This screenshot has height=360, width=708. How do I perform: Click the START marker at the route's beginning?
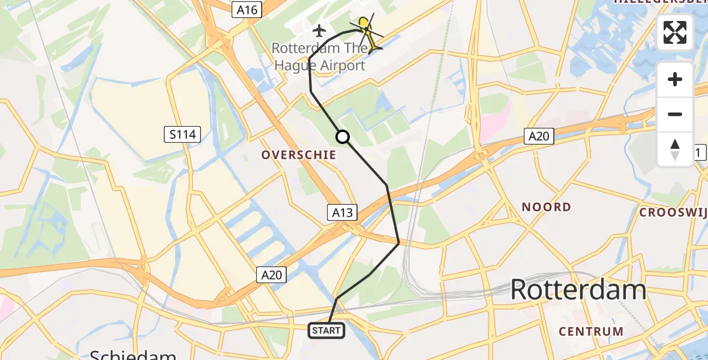tap(326, 330)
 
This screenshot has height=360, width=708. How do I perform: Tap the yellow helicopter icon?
tap(367, 33)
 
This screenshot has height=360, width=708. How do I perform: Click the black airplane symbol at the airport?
tap(319, 30)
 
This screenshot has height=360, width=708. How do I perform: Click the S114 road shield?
tap(182, 134)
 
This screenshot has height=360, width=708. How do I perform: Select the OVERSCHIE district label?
tap(298, 155)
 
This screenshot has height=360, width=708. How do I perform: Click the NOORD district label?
tap(546, 208)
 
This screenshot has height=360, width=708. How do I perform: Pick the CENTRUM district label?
tap(591, 331)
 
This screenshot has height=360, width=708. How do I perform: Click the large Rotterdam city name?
tap(578, 290)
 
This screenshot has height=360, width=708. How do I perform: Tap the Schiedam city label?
tap(133, 354)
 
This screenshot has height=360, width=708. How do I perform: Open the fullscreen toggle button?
tap(675, 32)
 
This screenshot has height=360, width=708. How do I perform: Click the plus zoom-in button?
tap(675, 79)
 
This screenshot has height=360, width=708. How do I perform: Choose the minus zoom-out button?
tap(675, 114)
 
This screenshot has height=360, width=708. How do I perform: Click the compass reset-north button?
tap(675, 149)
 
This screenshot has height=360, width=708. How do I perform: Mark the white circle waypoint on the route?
tap(343, 137)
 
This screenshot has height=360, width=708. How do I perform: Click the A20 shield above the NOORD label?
tap(538, 136)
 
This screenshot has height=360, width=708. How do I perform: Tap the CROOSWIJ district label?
tap(673, 212)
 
